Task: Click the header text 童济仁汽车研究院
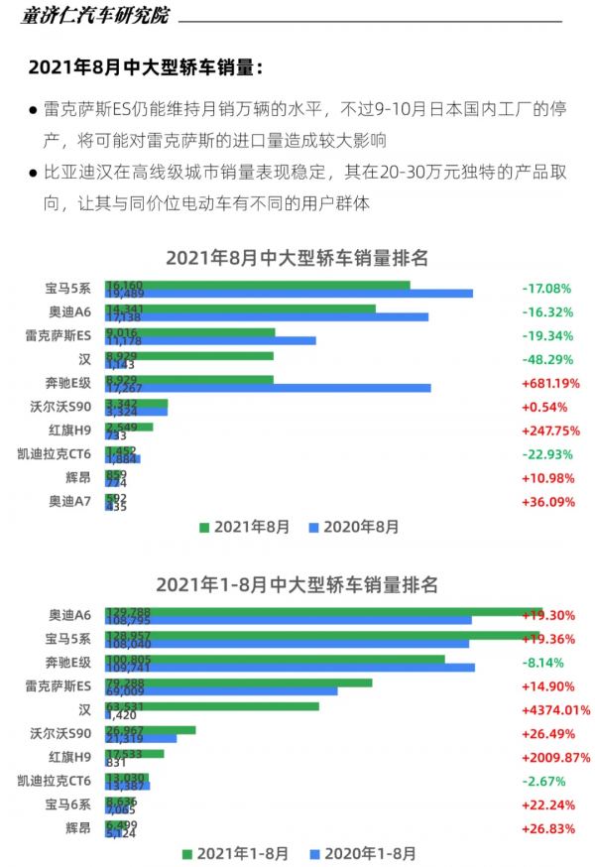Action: point(94,16)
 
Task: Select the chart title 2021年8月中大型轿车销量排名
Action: point(297,258)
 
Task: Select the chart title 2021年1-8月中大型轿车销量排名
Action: point(297,584)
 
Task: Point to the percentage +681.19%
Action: point(550,383)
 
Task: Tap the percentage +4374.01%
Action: point(555,710)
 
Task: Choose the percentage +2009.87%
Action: point(555,758)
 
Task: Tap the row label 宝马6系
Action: point(68,805)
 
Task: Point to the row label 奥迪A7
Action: point(69,502)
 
